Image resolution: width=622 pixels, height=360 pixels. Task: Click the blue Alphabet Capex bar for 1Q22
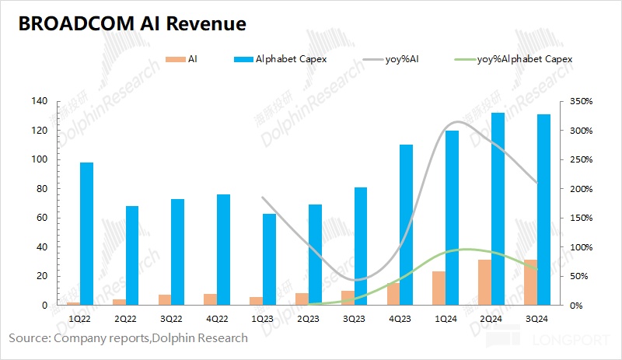(x=86, y=233)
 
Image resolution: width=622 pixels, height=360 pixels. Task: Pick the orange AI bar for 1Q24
(x=439, y=288)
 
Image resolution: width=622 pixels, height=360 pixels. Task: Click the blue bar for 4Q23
(x=406, y=225)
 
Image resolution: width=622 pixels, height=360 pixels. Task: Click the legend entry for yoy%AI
(x=403, y=59)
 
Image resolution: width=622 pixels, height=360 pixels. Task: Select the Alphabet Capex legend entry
(x=288, y=59)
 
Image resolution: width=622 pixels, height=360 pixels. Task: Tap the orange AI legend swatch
(x=176, y=59)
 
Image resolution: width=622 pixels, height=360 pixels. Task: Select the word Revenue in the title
(x=209, y=24)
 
